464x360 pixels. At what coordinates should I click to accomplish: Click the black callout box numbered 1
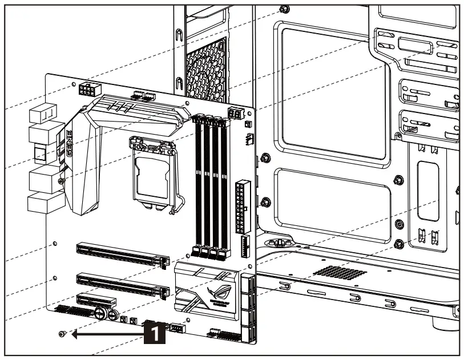[156, 334]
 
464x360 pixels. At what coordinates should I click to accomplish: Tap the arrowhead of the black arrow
[75, 335]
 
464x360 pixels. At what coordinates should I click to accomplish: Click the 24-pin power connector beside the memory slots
[242, 203]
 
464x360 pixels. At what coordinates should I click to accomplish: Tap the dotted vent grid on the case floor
[339, 272]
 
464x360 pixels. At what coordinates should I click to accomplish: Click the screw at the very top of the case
[285, 9]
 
